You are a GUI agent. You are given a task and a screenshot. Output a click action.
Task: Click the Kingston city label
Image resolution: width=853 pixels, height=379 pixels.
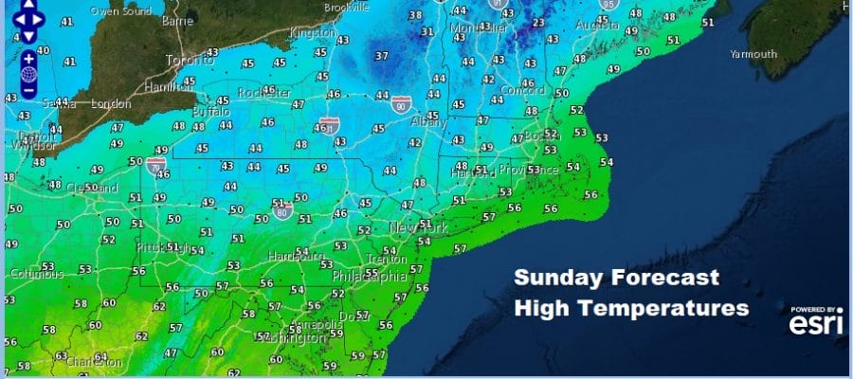[312, 33]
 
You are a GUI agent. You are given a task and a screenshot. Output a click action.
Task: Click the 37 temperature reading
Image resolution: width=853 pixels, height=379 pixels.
[381, 56]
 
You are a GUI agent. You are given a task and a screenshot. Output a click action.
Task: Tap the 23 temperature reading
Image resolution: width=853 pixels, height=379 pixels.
[538, 24]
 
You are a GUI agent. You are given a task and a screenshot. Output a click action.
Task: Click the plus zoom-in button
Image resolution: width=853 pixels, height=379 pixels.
[29, 56]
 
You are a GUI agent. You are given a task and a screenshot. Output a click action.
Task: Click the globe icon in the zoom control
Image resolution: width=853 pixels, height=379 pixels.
[29, 74]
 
